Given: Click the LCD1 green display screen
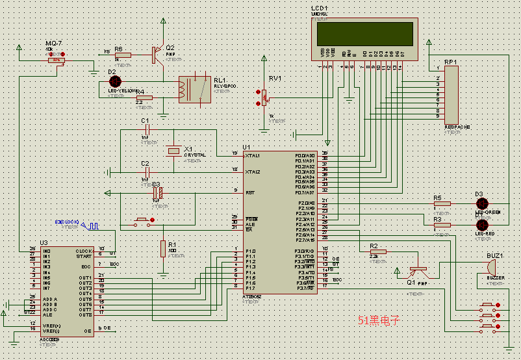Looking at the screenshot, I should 364,34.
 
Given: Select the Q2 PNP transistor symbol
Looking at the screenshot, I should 156,55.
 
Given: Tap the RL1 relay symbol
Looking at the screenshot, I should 194,89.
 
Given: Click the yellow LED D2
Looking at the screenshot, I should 115,82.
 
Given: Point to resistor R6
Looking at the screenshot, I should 122,55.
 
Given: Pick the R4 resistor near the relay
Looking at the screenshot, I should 144,97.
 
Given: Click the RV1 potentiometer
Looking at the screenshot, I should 264,99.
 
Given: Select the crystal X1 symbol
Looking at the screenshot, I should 173,151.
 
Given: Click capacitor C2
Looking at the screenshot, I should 147,172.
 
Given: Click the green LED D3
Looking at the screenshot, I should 482,203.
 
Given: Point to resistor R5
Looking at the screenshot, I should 442,203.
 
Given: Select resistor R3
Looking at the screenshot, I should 442,225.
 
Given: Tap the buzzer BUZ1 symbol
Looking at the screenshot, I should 492,267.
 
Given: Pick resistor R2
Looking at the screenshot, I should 377,251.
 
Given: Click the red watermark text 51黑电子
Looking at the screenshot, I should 379,320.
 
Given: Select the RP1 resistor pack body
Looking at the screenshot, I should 451,95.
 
